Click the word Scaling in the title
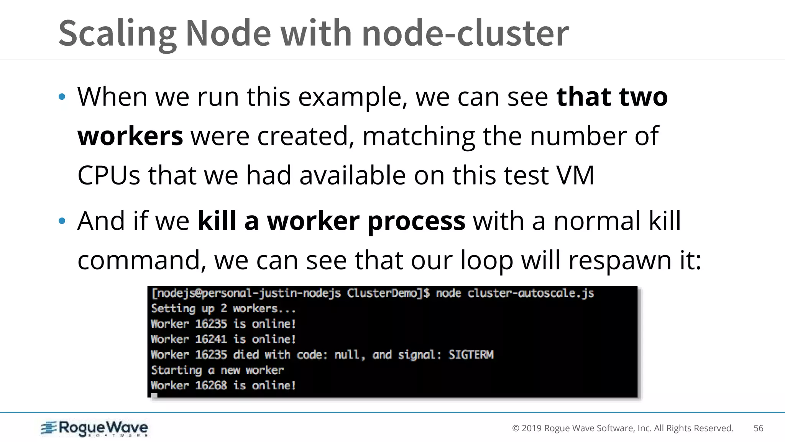click(117, 34)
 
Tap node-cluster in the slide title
click(465, 34)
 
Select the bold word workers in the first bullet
click(130, 136)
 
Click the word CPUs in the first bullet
click(109, 175)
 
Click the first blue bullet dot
click(62, 97)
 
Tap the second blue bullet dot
click(62, 221)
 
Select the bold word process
click(416, 221)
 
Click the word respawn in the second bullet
click(620, 261)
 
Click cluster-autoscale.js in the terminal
click(530, 294)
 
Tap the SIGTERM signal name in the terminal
click(471, 355)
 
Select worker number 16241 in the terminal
click(211, 339)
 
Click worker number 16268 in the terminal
click(211, 385)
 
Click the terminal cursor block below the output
click(154, 396)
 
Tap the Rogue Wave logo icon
click(49, 428)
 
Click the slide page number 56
click(758, 428)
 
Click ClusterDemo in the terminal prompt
click(387, 294)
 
